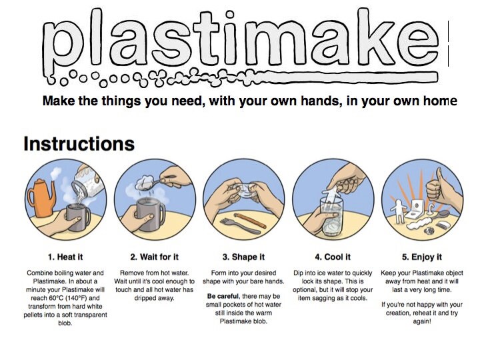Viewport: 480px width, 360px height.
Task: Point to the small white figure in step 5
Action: pos(400,213)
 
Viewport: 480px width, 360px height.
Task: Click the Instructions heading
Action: pos(79,144)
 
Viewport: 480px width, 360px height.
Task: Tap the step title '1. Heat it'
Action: pos(65,257)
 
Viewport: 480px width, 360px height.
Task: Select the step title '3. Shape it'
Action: pos(243,257)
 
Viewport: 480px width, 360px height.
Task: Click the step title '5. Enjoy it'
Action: pos(421,257)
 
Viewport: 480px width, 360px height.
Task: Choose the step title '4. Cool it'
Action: pos(332,257)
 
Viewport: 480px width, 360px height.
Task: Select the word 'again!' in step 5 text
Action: pos(421,321)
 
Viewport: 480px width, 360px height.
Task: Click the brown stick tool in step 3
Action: pos(249,221)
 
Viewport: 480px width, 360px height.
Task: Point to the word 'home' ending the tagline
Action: pos(441,101)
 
